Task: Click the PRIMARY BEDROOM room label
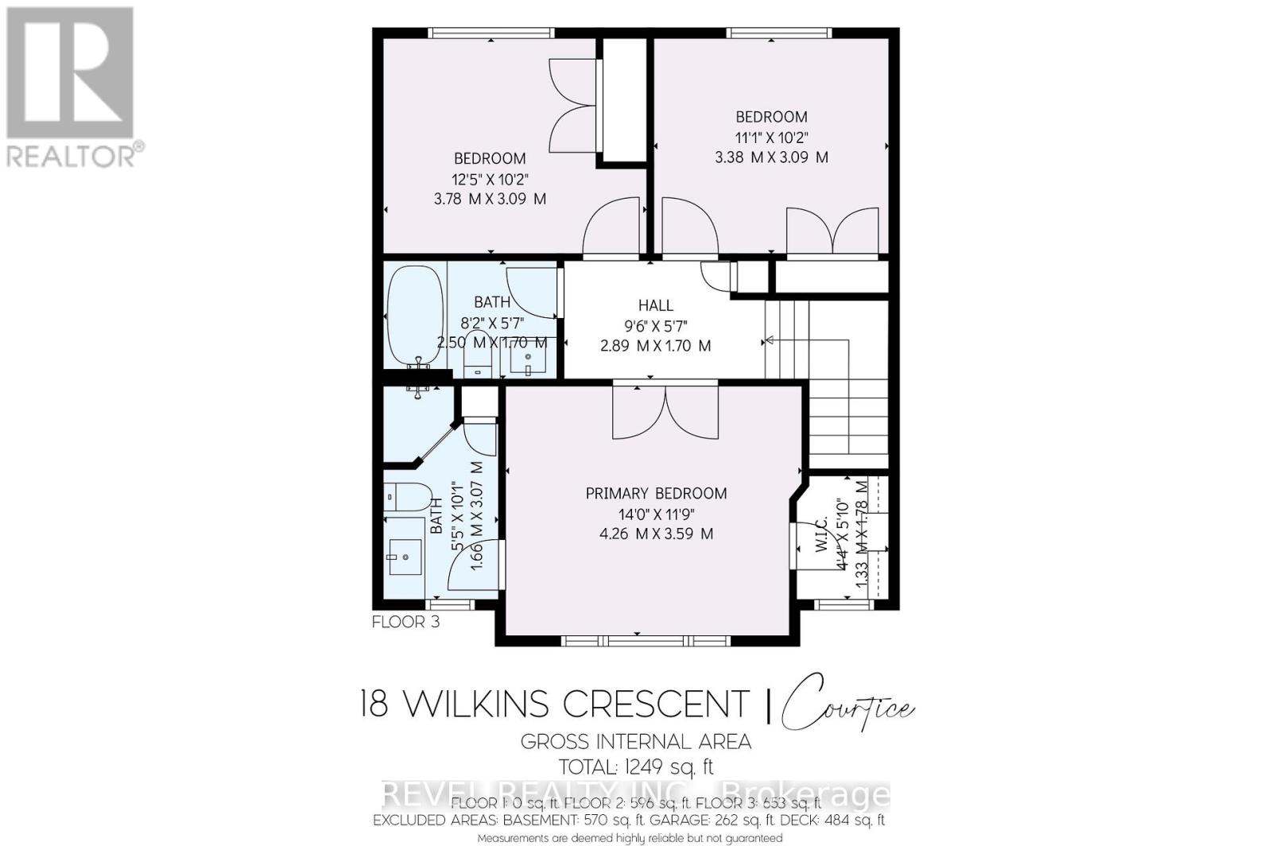656,493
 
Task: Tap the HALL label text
655,305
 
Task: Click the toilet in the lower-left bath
406,496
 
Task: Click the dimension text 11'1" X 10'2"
771,137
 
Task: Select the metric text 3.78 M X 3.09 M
490,199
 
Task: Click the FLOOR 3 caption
405,622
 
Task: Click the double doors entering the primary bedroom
665,411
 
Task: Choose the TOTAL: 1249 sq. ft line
636,767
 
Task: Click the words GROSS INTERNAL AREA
636,742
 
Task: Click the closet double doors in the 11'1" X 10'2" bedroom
832,231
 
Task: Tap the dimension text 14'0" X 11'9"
656,514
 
